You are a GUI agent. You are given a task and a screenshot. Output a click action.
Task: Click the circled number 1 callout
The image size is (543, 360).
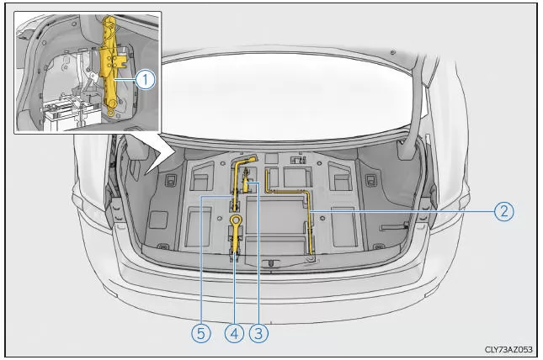pos(145,80)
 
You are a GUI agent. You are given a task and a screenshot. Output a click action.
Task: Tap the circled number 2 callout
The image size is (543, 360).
pos(503,211)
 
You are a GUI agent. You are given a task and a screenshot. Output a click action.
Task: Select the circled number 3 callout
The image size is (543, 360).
pos(258,333)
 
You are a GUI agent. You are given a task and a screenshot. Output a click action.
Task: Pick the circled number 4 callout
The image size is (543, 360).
pos(234,333)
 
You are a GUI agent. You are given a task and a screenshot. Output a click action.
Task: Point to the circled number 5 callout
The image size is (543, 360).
pos(201,333)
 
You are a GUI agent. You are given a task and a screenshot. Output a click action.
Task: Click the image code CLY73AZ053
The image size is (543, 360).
pos(508,349)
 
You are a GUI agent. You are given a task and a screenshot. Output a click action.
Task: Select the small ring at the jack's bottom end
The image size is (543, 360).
pos(110,114)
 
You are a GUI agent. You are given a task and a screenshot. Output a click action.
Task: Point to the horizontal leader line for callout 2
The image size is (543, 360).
pos(402,211)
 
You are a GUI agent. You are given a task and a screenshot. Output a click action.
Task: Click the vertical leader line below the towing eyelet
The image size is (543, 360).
pos(234,289)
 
